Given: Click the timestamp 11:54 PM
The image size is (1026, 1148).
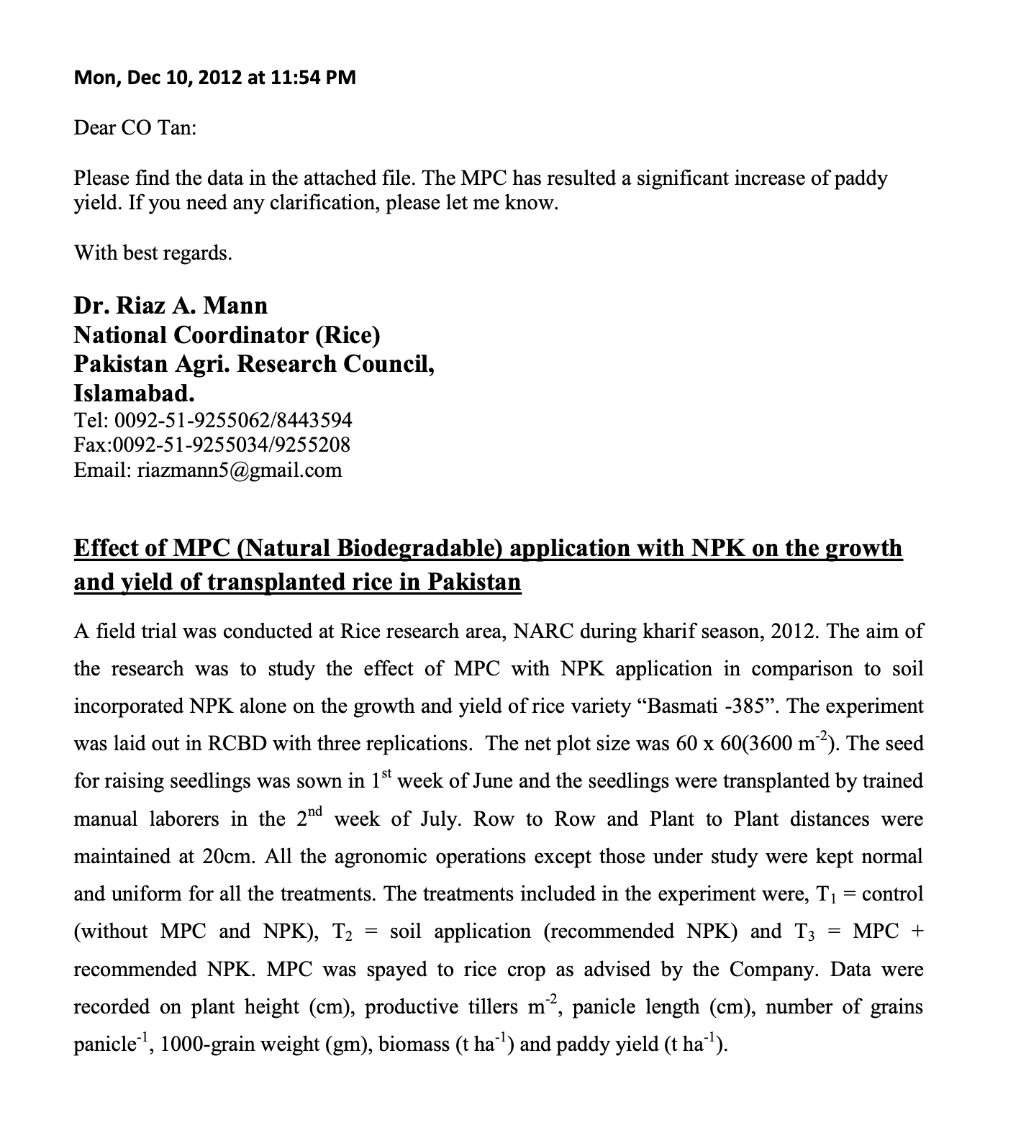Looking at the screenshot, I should coord(314,78).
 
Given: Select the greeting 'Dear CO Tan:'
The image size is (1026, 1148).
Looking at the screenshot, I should coord(135,128).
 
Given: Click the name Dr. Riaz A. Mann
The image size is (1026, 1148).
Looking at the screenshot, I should coord(171,306).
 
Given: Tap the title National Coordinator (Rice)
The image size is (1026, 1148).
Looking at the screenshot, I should coord(227,335).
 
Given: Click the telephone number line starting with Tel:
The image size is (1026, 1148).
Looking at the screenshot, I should coord(213,420).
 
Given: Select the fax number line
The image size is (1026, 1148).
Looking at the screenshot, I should coord(212,445).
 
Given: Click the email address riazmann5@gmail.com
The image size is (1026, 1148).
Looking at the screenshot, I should coord(238,470).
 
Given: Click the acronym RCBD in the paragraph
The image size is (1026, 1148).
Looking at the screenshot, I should coord(237,744).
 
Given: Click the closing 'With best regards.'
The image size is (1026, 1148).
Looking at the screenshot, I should coord(153,253).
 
